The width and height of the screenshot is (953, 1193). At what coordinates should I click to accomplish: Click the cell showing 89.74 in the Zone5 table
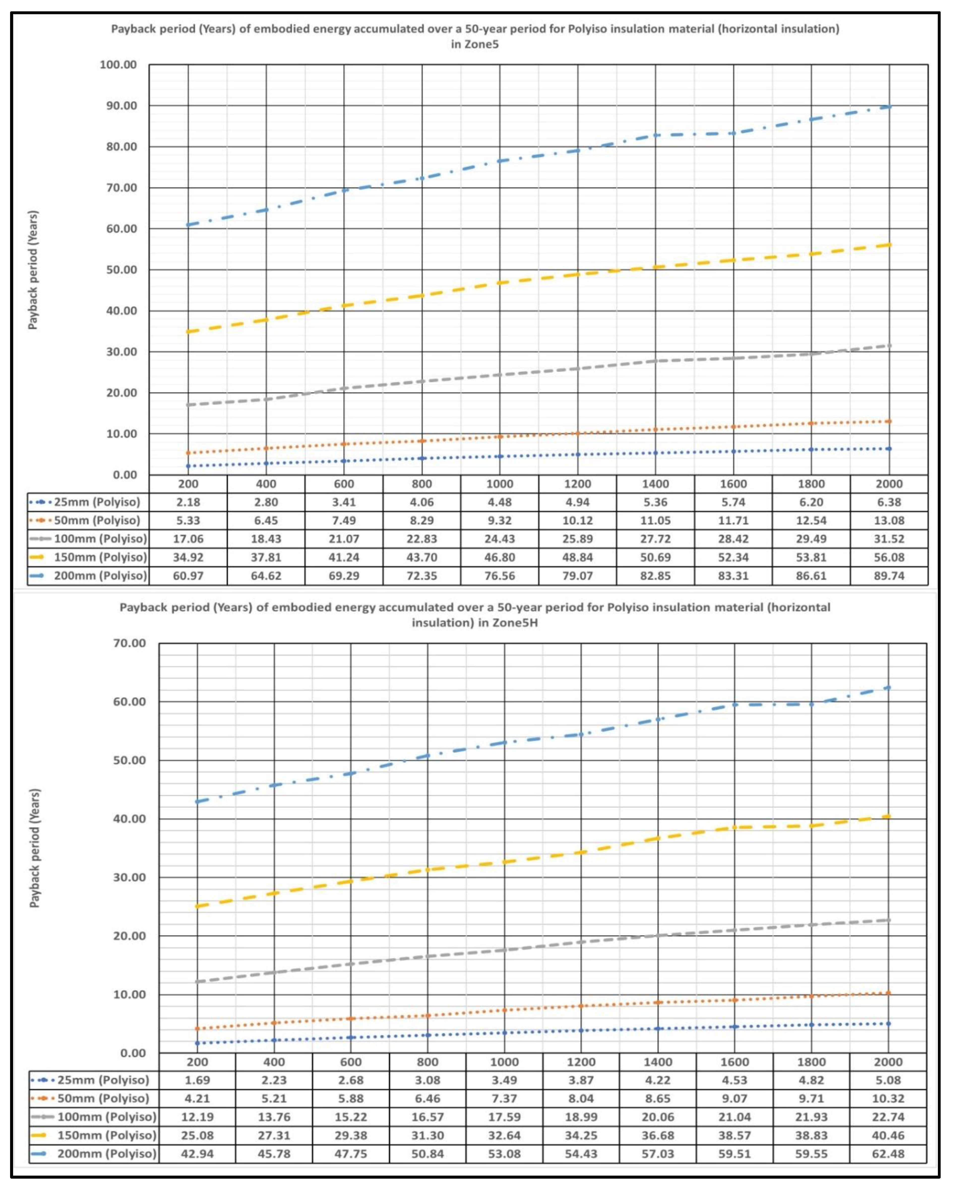point(889,576)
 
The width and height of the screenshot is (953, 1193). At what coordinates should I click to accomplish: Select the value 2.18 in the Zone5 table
point(188,502)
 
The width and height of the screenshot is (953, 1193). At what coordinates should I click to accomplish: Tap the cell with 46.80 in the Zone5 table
point(500,557)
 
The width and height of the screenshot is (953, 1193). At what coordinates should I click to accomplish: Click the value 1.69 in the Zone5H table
point(197,1080)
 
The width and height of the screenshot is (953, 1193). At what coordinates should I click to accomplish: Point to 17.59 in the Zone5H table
point(504,1117)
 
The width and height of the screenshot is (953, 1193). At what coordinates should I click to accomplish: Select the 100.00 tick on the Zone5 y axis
point(118,65)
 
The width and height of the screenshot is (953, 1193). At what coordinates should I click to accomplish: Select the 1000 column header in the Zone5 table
point(500,484)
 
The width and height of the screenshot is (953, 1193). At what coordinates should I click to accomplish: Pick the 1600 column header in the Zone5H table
point(734,1062)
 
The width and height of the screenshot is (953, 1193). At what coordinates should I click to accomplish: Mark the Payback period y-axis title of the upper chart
point(33,270)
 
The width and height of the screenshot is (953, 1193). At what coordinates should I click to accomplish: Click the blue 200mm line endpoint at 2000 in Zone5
point(889,107)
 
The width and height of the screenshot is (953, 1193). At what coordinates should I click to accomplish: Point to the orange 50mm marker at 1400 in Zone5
point(656,429)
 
